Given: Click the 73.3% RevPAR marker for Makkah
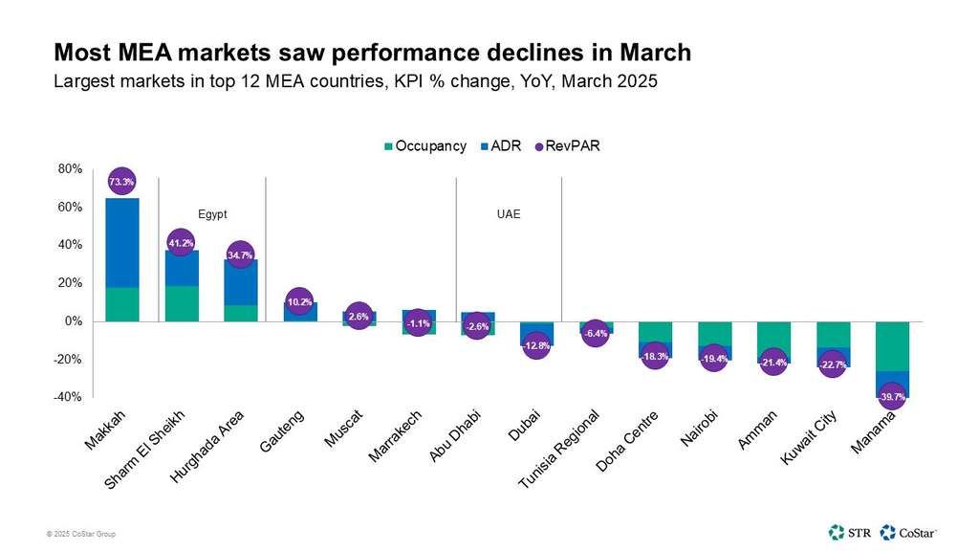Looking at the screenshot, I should (x=121, y=181).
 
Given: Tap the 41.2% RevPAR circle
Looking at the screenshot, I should (x=181, y=243).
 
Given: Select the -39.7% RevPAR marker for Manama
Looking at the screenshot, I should (x=891, y=396).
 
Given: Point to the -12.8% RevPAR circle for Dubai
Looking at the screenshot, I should (x=536, y=345).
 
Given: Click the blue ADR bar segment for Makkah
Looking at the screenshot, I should (x=121, y=243).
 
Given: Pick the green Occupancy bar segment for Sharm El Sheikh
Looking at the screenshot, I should (x=181, y=303).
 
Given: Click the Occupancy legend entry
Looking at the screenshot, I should (x=424, y=146).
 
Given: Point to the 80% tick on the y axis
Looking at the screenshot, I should (x=70, y=169).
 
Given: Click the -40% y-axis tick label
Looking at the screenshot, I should (x=68, y=397).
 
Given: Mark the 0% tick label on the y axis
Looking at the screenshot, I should (x=74, y=321).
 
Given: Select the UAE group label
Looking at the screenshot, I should (x=508, y=214).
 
